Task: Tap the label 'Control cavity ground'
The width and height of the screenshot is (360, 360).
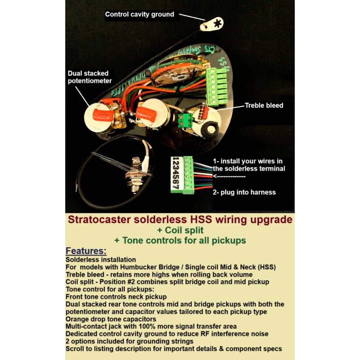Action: [139, 14]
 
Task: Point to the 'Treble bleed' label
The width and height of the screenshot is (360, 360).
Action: [264, 105]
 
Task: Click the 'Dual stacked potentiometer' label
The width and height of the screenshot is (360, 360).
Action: [88, 76]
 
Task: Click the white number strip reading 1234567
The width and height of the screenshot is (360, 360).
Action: [176, 174]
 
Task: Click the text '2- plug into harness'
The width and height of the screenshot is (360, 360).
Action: [244, 192]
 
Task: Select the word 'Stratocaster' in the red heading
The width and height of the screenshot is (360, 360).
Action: [95, 220]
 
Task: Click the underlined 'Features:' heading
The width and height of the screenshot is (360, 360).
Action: [86, 251]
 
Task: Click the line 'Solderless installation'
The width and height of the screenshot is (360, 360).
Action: [101, 260]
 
